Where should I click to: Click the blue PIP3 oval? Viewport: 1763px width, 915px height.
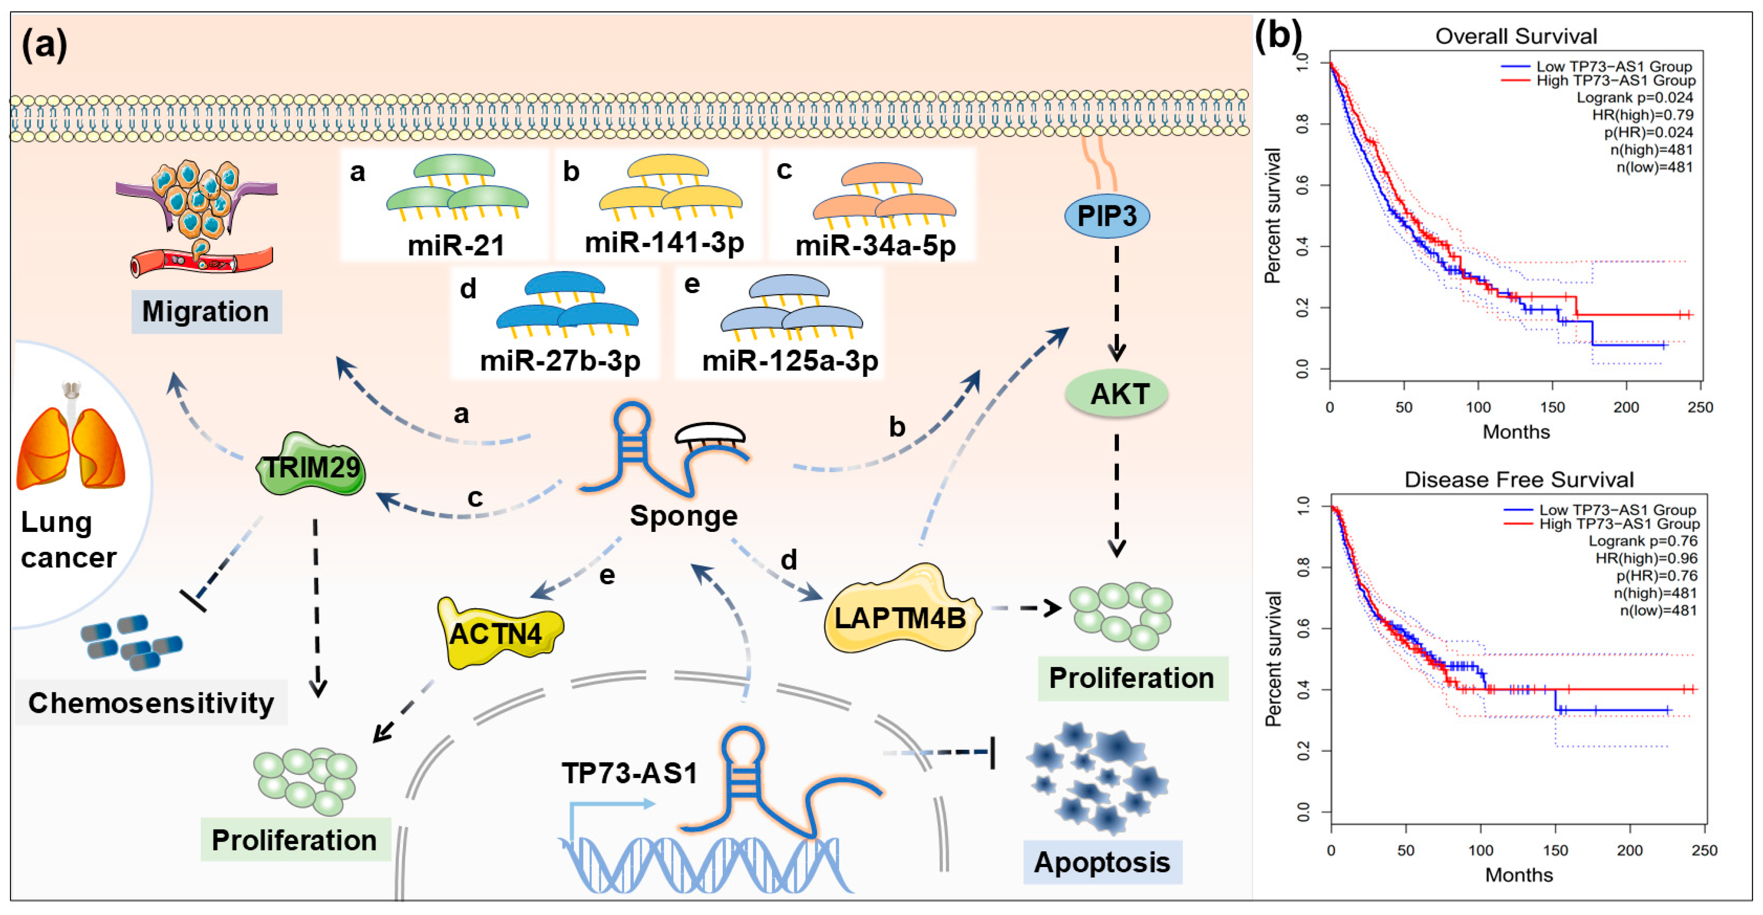click(x=1107, y=216)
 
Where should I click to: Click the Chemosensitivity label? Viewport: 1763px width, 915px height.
click(x=151, y=703)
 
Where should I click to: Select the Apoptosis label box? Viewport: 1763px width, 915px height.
click(x=1102, y=862)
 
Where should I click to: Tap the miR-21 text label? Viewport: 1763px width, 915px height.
click(x=456, y=245)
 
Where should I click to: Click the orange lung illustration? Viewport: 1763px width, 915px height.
click(x=71, y=445)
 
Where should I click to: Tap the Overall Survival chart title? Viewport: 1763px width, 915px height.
click(x=1516, y=36)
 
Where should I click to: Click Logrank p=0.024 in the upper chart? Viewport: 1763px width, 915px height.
click(x=1635, y=97)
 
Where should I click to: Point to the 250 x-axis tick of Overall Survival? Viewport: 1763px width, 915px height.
click(x=1700, y=407)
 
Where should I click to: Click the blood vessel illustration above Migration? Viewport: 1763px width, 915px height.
click(x=202, y=260)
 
